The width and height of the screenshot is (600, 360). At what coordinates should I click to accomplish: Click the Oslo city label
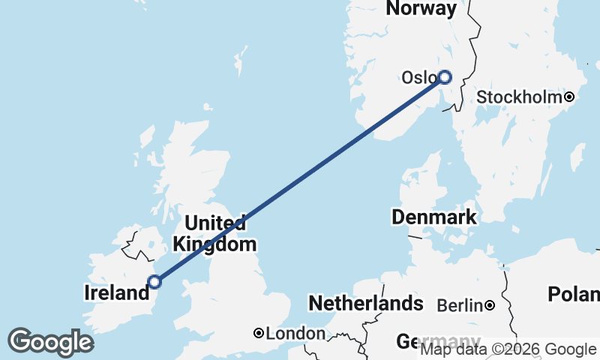pos(418,78)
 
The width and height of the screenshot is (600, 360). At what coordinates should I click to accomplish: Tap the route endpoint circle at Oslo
pos(445,76)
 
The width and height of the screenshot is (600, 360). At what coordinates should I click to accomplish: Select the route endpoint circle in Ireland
pos(154,282)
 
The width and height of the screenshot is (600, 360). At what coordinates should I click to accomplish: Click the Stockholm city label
pos(519,97)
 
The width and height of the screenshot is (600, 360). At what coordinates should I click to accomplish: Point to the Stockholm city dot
pos(570,97)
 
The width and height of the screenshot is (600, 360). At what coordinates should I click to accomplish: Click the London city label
pos(296,333)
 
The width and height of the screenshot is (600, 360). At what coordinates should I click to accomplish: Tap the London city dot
pos(258,333)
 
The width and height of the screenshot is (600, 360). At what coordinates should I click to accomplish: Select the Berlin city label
pos(459,305)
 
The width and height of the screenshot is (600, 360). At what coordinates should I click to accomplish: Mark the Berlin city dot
pos(489,305)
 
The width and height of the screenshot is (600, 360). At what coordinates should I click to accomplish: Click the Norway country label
pos(421,9)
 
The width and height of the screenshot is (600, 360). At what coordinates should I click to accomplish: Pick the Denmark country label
pos(434,217)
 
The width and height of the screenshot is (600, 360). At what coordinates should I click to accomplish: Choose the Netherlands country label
pos(366,304)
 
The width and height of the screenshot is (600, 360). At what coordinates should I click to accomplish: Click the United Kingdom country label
pos(214,233)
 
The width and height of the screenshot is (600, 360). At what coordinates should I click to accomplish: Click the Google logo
pos(50,342)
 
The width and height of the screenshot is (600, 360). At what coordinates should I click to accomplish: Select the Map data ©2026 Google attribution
pos(508,349)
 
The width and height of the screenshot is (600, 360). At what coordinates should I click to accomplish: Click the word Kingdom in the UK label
pos(214,244)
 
